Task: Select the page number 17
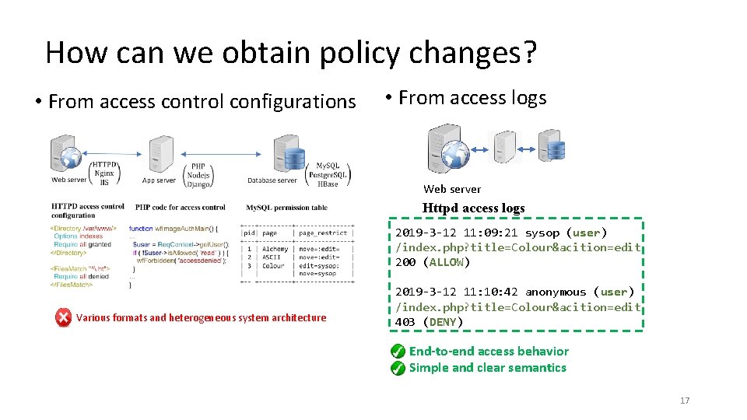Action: pos(685,401)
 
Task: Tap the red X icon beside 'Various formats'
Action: pos(64,317)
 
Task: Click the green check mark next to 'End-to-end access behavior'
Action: pos(398,352)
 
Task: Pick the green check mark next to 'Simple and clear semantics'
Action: pos(398,368)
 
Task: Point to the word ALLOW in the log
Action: pos(446,262)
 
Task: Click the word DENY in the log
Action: pos(442,322)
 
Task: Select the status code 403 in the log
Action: pos(405,322)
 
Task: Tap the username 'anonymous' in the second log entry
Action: pos(555,292)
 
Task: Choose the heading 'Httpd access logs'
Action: pos(473,208)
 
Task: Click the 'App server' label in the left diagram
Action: pos(159,180)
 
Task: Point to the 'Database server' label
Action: pos(272,180)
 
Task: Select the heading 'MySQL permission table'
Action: pos(286,208)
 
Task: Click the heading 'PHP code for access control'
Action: pos(180,208)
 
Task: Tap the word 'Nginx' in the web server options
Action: pos(103,173)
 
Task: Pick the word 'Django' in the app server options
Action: pos(198,184)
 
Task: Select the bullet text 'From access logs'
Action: pos(472,98)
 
